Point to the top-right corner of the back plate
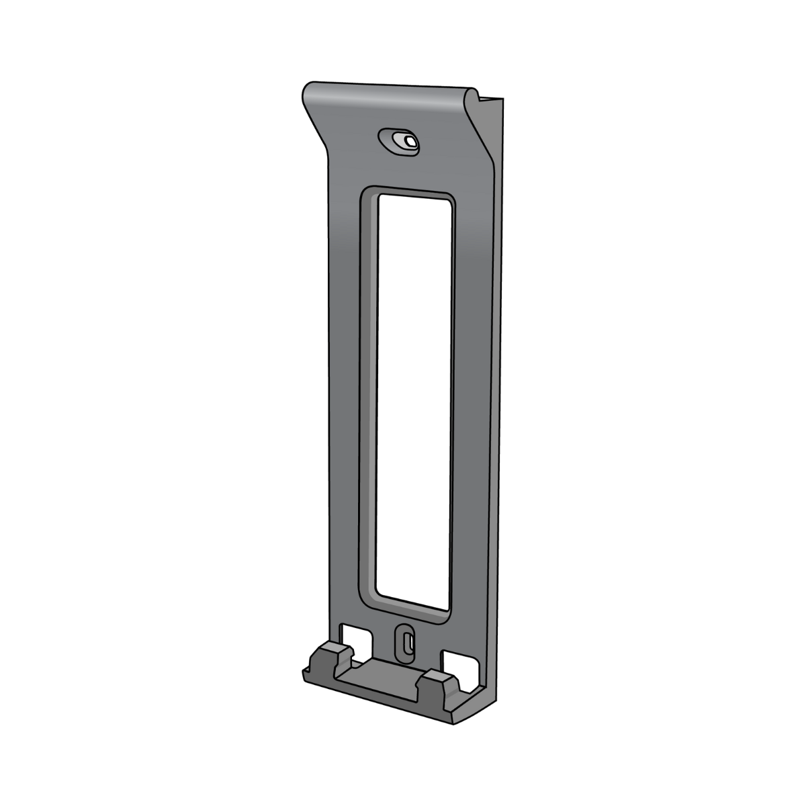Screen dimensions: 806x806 (500, 99)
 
